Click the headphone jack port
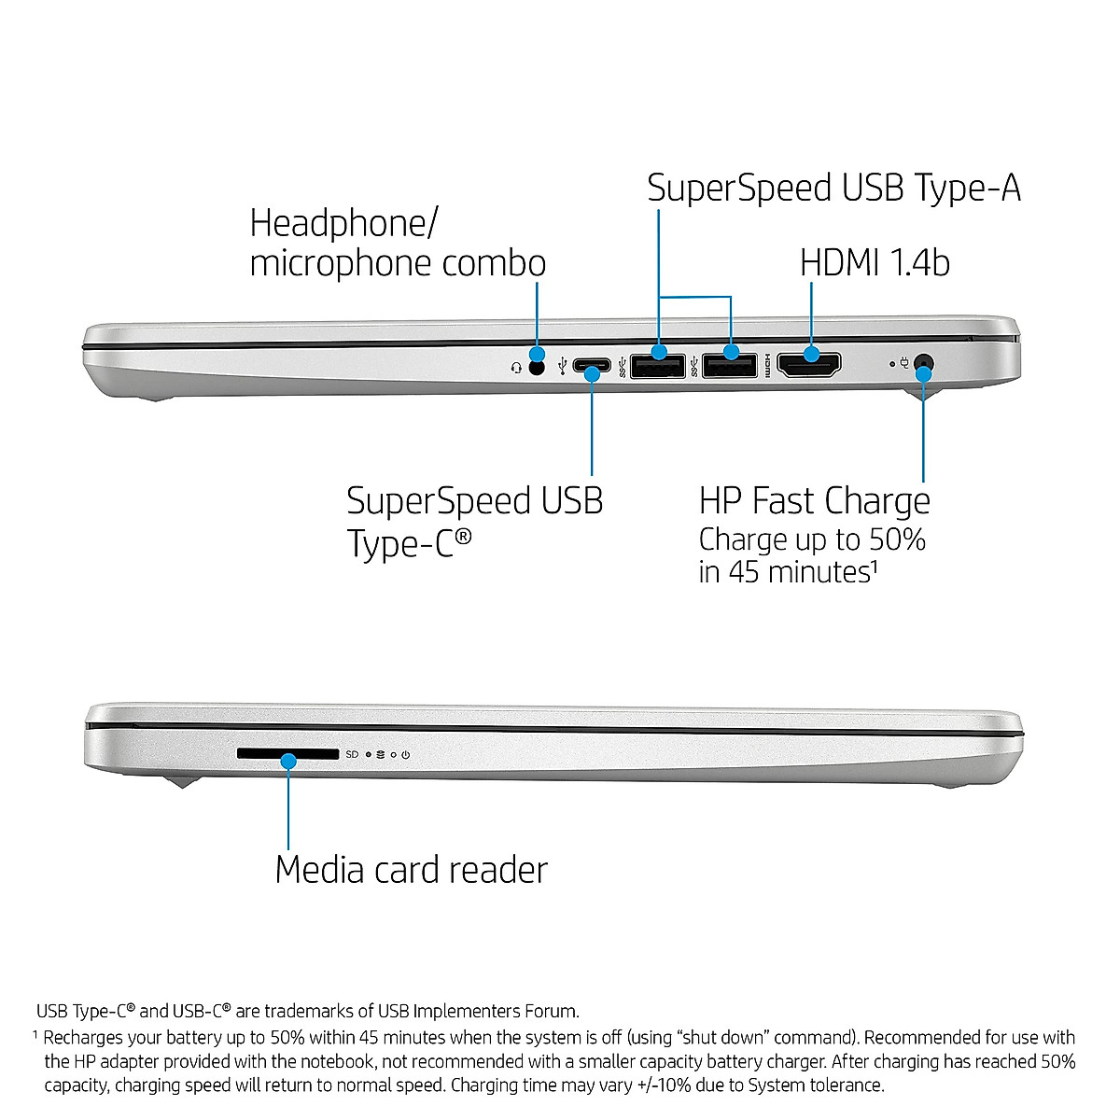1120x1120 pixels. click(536, 367)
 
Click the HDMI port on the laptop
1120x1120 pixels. click(809, 365)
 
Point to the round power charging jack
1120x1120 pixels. click(924, 362)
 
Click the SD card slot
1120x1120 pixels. click(287, 753)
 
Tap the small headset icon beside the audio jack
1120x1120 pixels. click(516, 368)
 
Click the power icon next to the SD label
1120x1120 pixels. click(406, 754)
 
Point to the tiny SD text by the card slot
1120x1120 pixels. click(352, 754)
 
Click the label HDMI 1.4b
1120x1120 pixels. click(875, 262)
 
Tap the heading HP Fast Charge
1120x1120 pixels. click(814, 501)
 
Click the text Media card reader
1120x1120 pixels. click(411, 870)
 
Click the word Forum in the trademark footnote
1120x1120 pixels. click(554, 1011)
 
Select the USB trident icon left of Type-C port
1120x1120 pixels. click(562, 366)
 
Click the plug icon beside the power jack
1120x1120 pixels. click(903, 363)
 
